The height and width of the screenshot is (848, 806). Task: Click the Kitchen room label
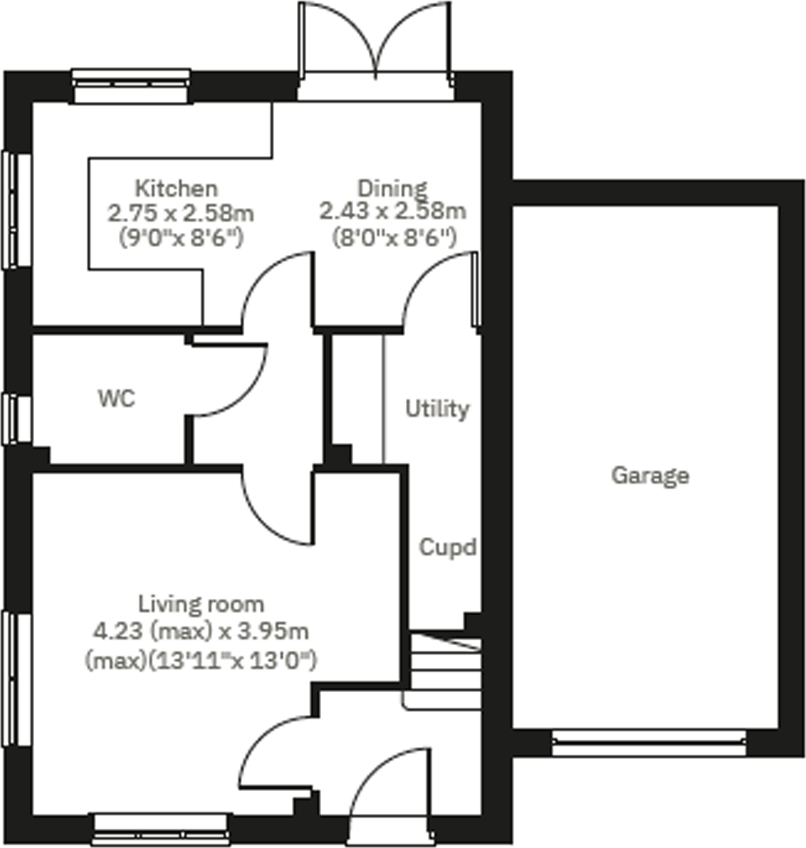[176, 188]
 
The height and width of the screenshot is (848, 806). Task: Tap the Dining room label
[392, 188]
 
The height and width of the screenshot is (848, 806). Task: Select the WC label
[117, 398]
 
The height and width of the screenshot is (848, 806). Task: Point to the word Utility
[437, 409]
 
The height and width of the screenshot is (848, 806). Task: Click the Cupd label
[448, 547]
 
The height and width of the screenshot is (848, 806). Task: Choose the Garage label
[650, 475]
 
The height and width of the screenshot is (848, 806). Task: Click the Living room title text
[201, 604]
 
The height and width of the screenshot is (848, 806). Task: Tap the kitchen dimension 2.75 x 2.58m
[181, 213]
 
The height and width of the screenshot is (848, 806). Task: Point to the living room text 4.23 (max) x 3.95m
[201, 631]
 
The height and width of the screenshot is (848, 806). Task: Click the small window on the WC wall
[15, 419]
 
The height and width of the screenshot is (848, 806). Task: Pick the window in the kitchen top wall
[132, 87]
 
